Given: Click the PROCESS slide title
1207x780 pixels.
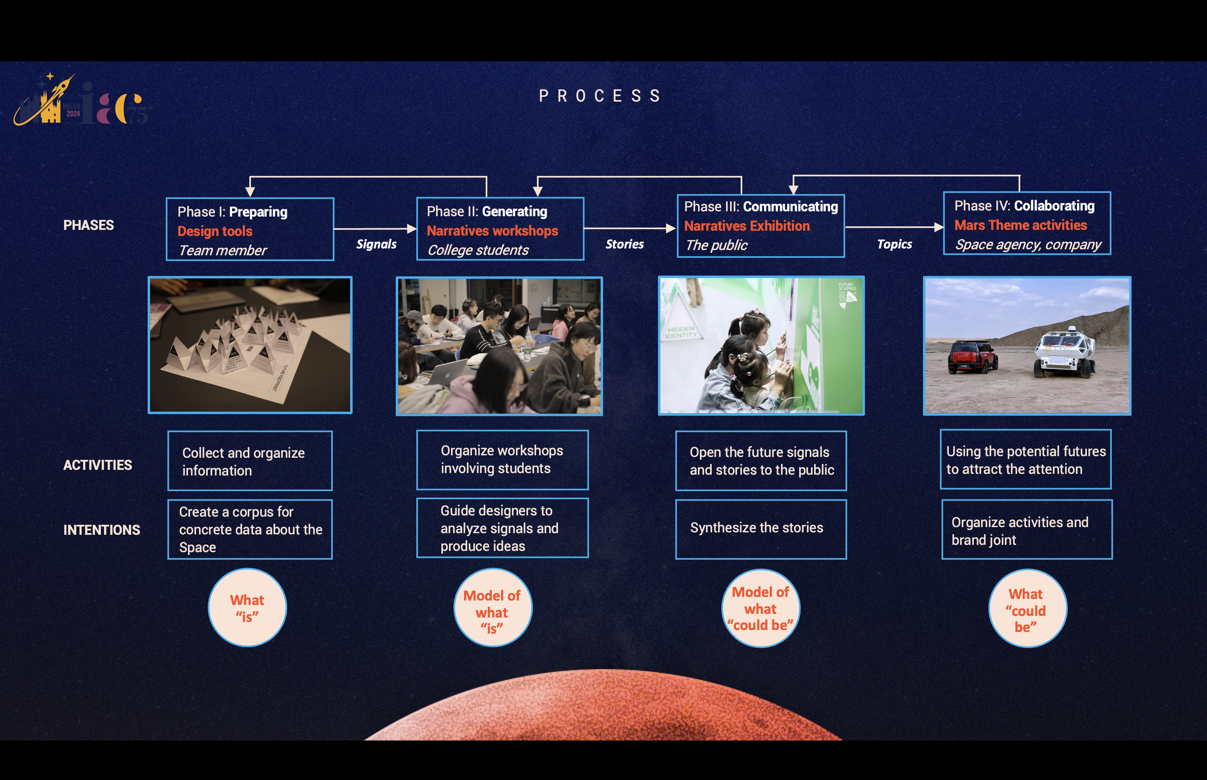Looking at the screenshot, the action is pos(600,96).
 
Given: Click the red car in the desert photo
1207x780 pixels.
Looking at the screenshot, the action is pos(973,357).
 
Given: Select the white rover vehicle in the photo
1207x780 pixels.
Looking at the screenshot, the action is pos(1064,352).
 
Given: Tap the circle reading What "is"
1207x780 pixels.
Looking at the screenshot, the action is pos(247,608).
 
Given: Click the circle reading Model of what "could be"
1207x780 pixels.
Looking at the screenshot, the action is pos(760,608).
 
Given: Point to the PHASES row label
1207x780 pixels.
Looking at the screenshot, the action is pos(89,225).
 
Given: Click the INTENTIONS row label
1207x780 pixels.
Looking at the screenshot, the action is pos(102,530).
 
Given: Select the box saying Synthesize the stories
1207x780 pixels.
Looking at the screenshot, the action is pos(761,529).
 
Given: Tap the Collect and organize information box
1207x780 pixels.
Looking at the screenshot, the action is pos(250,461).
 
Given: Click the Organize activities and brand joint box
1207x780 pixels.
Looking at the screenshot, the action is pos(1027,529).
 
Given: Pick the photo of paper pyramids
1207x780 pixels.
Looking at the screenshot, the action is pos(250,345).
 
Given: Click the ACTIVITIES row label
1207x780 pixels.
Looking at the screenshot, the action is pos(98,465).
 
